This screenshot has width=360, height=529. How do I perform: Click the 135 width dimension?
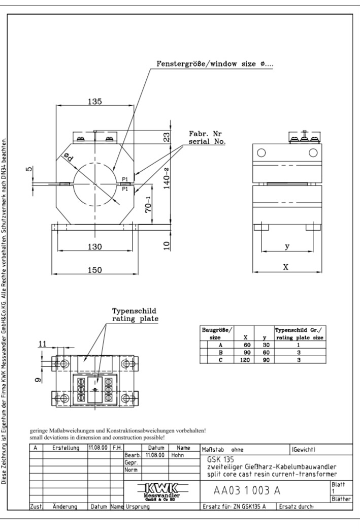point(95,101)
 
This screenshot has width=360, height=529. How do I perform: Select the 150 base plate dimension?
point(95,270)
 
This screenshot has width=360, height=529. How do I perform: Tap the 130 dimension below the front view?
point(95,246)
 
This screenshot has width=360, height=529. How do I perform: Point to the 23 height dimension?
point(167,138)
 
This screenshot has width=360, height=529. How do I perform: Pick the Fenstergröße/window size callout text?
point(215,64)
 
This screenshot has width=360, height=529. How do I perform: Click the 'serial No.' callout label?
point(207,142)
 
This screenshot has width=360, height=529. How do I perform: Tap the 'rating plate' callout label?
point(135,319)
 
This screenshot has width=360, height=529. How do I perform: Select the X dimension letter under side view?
point(286,267)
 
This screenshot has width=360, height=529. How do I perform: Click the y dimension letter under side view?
point(287,246)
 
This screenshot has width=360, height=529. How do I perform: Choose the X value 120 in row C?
point(245,360)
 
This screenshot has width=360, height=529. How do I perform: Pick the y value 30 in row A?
point(266,345)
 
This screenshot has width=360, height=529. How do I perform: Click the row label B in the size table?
point(220,353)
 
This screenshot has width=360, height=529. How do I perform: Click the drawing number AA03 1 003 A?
point(247,490)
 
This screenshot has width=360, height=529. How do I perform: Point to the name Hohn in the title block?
point(178,455)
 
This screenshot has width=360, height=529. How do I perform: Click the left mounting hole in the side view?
point(261,153)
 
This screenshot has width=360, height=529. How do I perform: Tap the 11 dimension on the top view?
point(42,344)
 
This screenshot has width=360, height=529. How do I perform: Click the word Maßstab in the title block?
point(213,450)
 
